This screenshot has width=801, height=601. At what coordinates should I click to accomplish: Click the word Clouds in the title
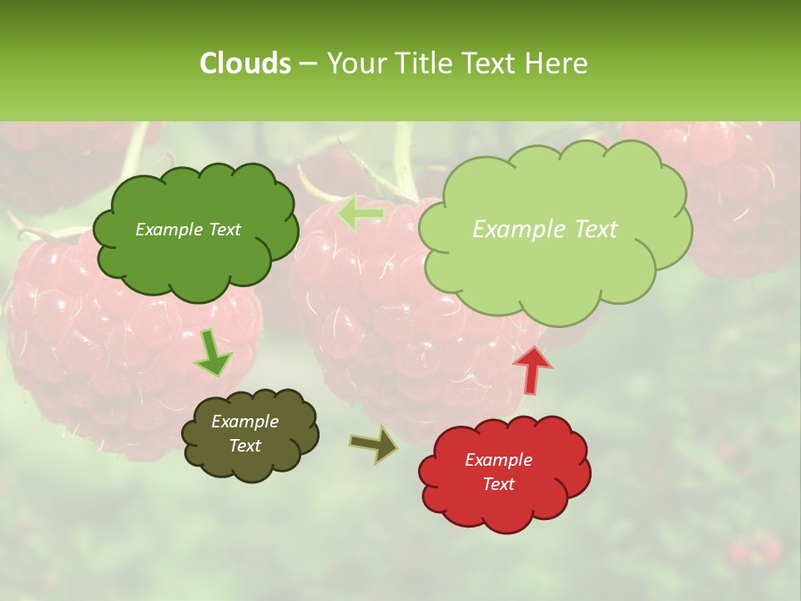point(244,63)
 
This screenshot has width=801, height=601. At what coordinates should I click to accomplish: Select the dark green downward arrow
point(212,354)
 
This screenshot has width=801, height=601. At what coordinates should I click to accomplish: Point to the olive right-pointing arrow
point(374,444)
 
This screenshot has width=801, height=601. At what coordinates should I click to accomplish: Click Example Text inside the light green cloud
point(545,230)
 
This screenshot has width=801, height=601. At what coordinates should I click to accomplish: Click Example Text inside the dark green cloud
point(188,230)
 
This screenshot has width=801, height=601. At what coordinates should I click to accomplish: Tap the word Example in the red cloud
point(498,460)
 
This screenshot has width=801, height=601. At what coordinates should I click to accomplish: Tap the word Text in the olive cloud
point(245,446)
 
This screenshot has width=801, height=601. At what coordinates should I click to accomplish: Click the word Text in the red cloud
point(499,484)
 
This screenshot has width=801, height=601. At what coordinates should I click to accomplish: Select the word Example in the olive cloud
point(245,422)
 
